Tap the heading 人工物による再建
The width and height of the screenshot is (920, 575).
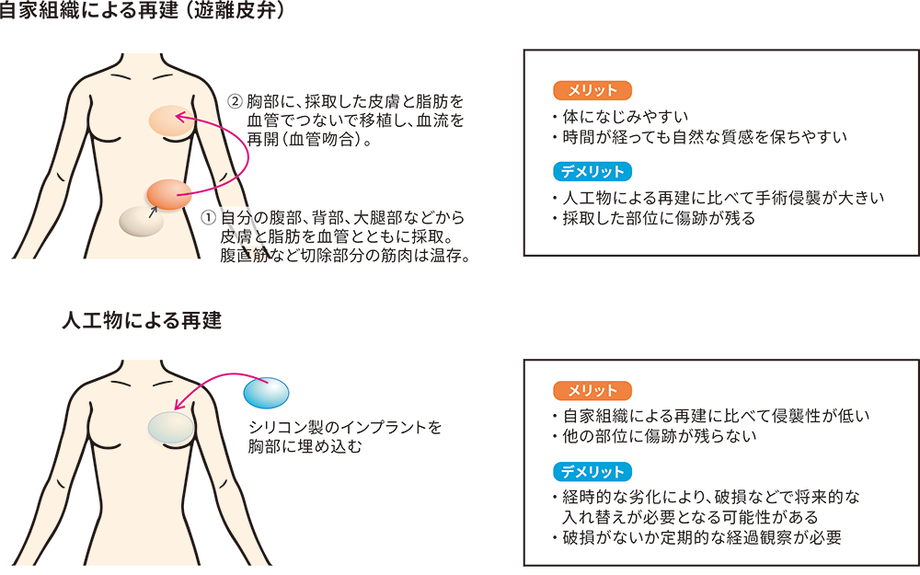(142, 321)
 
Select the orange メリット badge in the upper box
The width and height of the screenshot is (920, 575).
(592, 90)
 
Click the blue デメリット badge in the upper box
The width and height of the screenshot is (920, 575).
(592, 171)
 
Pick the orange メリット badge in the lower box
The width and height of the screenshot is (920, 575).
(592, 391)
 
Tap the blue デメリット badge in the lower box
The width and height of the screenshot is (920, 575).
(592, 472)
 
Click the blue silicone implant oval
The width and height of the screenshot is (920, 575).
(266, 393)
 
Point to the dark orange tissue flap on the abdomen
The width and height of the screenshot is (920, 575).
(169, 195)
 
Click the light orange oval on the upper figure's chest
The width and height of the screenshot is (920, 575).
(171, 121)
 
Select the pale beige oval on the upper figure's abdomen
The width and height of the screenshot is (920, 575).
(142, 222)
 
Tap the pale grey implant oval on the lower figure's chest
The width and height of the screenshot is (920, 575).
(171, 427)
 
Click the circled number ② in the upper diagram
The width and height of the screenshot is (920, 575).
(235, 101)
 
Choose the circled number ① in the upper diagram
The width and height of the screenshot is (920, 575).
(209, 218)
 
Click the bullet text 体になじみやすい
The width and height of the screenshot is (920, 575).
(625, 117)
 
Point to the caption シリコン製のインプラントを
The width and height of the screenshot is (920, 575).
(345, 427)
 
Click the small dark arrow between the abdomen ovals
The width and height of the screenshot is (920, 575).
(154, 212)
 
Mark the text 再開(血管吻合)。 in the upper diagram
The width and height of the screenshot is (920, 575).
(310, 140)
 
